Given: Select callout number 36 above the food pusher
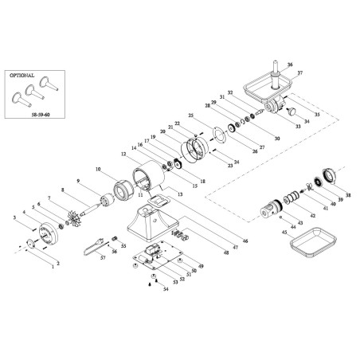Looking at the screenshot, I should [289, 64].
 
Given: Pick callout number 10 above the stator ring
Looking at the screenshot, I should [98, 170].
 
